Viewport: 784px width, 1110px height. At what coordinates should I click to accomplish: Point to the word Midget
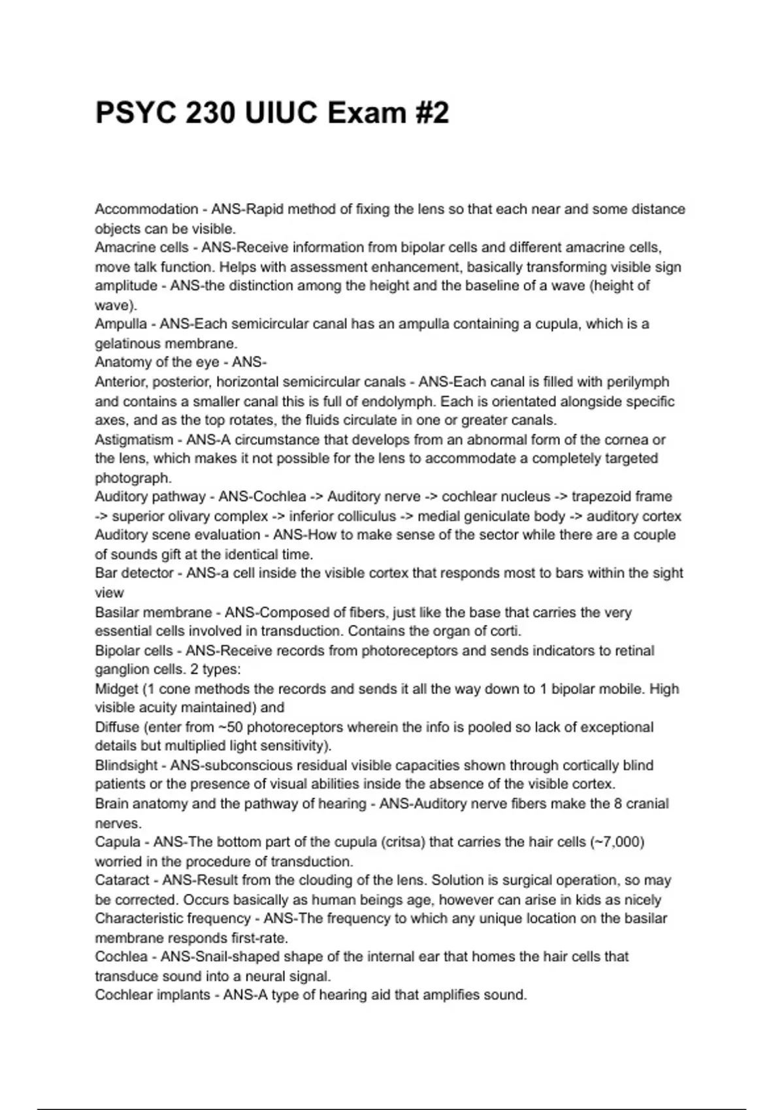tap(116, 689)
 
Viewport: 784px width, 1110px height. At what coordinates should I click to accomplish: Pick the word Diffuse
tap(117, 727)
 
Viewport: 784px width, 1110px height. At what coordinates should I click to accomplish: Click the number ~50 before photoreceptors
tap(231, 727)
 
